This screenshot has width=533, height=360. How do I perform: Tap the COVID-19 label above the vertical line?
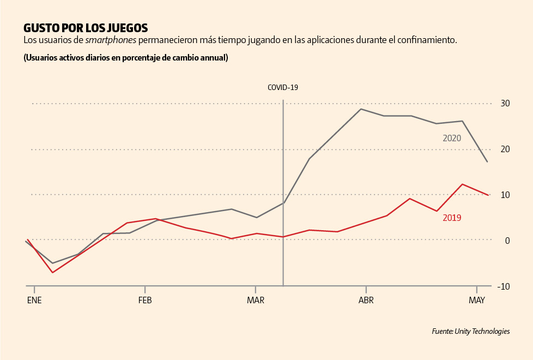[283, 87]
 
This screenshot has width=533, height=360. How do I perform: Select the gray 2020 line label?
[452, 139]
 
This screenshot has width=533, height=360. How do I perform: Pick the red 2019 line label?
[452, 218]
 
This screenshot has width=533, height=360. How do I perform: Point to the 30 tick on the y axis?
[506, 104]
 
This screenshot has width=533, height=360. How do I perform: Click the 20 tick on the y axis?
[506, 149]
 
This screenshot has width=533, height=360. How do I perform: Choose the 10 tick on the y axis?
[506, 195]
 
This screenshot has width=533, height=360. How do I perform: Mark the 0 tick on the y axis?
[507, 241]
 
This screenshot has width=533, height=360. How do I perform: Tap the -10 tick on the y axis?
[504, 286]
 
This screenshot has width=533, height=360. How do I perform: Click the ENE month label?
[34, 300]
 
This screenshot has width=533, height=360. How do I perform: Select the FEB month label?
[145, 300]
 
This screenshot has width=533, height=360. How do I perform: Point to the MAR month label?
[256, 300]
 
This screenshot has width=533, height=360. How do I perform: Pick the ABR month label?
[366, 300]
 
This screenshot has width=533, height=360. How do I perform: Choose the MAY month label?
[477, 300]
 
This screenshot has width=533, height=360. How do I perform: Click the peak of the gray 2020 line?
[361, 109]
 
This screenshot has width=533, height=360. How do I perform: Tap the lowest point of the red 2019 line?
[52, 272]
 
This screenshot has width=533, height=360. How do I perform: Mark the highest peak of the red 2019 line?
[462, 184]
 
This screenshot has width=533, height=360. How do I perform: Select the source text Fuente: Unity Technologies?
[471, 331]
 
